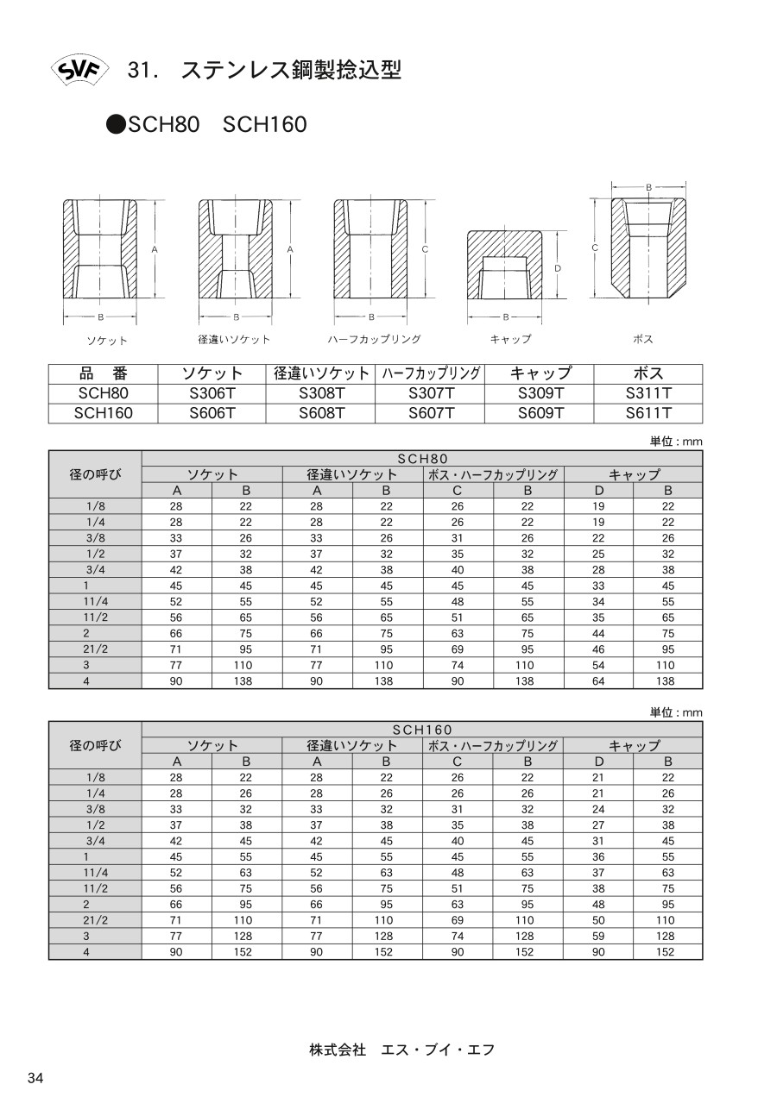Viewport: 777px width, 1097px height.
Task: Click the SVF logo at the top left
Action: pyautogui.click(x=78, y=71)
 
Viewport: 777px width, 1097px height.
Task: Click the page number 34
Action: pyautogui.click(x=36, y=1078)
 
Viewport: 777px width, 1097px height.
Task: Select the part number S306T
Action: pyautogui.click(x=212, y=393)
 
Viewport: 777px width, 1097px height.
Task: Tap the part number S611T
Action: pyautogui.click(x=648, y=413)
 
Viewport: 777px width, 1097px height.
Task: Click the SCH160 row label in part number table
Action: pyautogui.click(x=103, y=413)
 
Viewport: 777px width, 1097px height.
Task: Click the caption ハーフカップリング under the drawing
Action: pyautogui.click(x=374, y=340)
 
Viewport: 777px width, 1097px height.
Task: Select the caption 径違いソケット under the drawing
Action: pyautogui.click(x=234, y=340)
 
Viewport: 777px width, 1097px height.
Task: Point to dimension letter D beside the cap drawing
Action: pyautogui.click(x=558, y=268)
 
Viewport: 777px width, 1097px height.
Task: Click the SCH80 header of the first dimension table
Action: pyautogui.click(x=422, y=459)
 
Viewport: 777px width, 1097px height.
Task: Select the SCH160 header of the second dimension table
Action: pyautogui.click(x=422, y=730)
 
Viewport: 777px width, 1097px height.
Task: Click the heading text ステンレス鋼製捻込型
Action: pyautogui.click(x=291, y=71)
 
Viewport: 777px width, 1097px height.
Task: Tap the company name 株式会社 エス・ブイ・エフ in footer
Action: pyautogui.click(x=401, y=1050)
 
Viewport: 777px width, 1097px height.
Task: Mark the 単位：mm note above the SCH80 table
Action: pyautogui.click(x=677, y=442)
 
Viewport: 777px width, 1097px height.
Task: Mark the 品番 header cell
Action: pyautogui.click(x=103, y=373)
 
